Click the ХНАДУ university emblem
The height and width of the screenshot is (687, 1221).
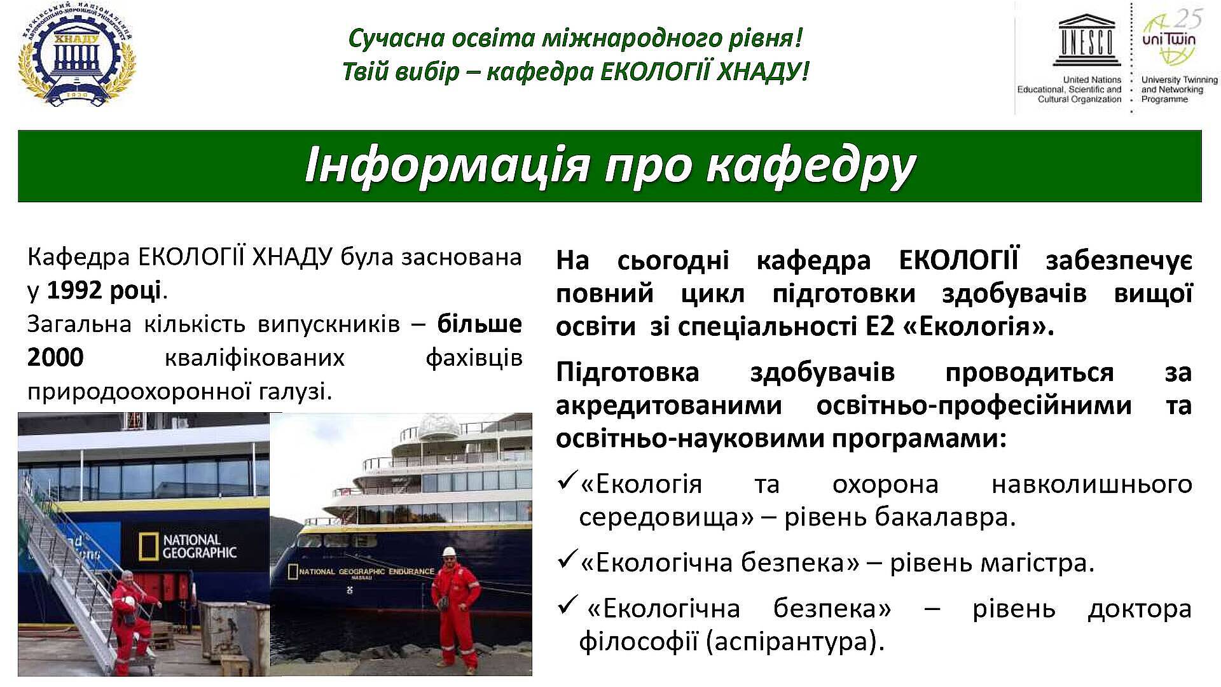click(x=77, y=56)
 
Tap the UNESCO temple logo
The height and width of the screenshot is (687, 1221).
click(x=1086, y=40)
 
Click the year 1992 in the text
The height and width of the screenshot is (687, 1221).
click(x=74, y=290)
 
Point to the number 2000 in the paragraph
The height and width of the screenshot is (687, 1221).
click(x=55, y=357)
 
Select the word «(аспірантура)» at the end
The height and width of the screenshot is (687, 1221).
click(x=795, y=641)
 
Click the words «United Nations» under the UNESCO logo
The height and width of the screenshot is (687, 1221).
click(x=1092, y=80)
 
